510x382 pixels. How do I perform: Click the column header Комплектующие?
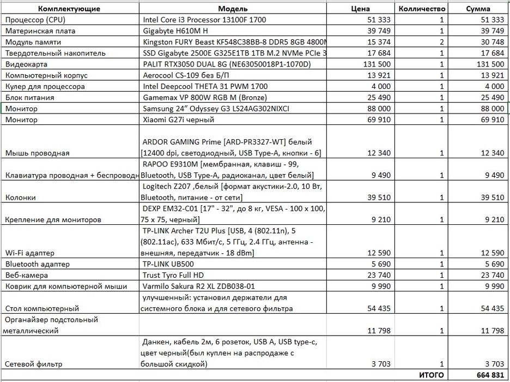point(69,9)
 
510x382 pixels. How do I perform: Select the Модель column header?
point(233,9)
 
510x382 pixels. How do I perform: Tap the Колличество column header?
point(422,9)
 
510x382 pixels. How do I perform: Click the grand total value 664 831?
point(489,375)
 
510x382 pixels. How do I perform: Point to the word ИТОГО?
point(430,375)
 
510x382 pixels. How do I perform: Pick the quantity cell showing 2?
point(441,42)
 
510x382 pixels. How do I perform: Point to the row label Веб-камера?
point(25,275)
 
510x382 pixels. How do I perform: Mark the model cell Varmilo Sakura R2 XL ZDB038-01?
point(198,286)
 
